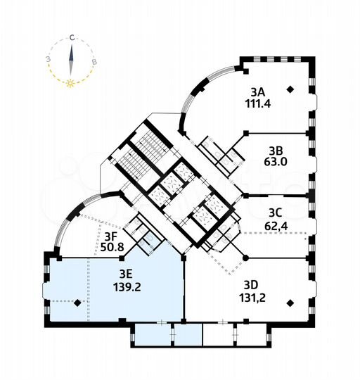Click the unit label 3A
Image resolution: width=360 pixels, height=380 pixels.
(258, 93)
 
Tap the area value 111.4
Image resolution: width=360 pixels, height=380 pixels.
(258, 103)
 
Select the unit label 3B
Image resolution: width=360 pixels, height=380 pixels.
(276, 151)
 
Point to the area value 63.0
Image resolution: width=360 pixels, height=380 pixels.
(276, 162)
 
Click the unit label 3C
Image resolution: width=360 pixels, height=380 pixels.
(276, 213)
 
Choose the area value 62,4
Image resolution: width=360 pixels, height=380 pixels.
(276, 226)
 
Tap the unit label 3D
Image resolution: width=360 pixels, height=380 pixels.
(251, 285)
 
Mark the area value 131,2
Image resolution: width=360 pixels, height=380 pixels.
(252, 298)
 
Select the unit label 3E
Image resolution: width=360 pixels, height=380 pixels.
(126, 274)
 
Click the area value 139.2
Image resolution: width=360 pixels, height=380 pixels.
(127, 287)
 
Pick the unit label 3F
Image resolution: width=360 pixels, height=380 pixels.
(111, 236)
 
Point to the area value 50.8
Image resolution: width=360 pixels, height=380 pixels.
(112, 248)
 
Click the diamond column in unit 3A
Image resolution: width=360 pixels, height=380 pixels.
(290, 89)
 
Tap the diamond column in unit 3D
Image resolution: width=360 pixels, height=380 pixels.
(290, 303)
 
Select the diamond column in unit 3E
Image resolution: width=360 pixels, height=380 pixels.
(77, 303)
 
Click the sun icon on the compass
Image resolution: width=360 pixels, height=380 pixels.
(70, 83)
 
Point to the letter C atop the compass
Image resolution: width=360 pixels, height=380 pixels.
(72, 38)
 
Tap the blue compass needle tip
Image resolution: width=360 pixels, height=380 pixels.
(72, 45)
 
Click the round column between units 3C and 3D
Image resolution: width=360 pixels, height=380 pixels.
(245, 258)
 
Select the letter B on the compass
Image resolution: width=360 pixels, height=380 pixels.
(94, 61)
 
